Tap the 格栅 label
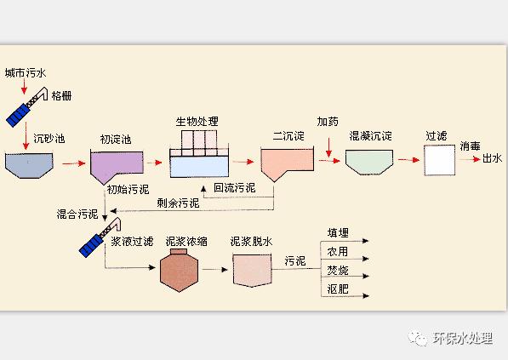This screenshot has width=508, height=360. point(60,95)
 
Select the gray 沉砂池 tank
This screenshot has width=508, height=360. point(29,164)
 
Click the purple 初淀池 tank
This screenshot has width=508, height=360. point(116,164)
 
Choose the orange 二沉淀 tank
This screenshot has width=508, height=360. point(283,163)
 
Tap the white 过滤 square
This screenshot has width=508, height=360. point(438,159)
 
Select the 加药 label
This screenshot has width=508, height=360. point(328,122)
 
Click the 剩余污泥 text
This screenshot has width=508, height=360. point(178,203)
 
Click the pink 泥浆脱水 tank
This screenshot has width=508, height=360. point(251,271)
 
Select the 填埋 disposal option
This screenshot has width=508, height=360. point(338,233)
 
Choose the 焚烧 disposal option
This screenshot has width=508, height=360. point(338,271)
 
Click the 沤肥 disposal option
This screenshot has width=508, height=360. point(338,290)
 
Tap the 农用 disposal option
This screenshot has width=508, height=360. point(338,252)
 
